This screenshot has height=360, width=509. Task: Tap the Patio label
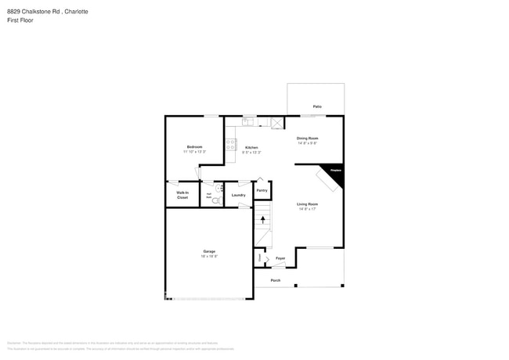point(317,106)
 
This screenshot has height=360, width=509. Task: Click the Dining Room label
point(307,139)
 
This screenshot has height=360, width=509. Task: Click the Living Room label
point(307,204)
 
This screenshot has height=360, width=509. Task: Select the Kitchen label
point(251,147)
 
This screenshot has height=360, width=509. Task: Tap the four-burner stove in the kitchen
point(231,145)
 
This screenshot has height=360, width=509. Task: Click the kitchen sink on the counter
point(247,121)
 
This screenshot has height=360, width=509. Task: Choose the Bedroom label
point(194,147)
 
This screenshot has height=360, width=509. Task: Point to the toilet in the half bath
point(216,200)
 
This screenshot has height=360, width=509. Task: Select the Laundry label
point(238,195)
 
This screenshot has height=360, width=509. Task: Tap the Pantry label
point(262,190)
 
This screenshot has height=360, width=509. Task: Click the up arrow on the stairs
point(262,220)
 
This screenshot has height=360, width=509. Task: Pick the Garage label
point(209,251)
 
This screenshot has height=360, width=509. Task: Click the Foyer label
point(280,257)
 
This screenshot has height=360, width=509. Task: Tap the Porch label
point(276,280)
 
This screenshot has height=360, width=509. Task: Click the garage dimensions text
point(209,257)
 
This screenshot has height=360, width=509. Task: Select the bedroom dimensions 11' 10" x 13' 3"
point(194,152)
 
